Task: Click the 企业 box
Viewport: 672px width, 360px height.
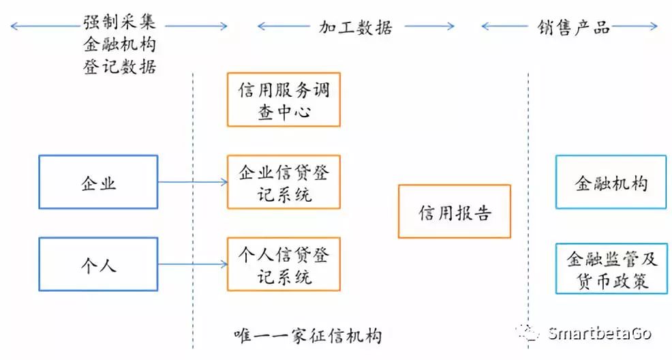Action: (x=98, y=183)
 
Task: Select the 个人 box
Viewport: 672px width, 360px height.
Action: (x=98, y=265)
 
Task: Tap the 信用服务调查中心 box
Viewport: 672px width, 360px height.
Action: (x=284, y=100)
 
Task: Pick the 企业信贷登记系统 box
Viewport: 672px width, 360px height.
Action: (x=284, y=182)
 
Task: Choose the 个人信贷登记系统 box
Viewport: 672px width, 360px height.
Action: (x=284, y=265)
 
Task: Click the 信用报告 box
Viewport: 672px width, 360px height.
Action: (x=455, y=211)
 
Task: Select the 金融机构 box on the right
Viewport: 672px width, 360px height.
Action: (x=611, y=182)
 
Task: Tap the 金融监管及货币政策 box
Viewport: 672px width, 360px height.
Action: (x=611, y=269)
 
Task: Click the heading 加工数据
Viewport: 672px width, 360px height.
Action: (x=356, y=27)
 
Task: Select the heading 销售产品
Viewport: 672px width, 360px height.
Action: (x=572, y=27)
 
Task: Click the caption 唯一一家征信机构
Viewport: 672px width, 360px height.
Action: (x=307, y=335)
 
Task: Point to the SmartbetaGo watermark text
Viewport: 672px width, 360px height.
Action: (x=600, y=333)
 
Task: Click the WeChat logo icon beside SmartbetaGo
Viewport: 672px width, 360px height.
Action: (x=530, y=333)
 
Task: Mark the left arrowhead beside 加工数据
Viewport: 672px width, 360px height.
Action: (x=260, y=27)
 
